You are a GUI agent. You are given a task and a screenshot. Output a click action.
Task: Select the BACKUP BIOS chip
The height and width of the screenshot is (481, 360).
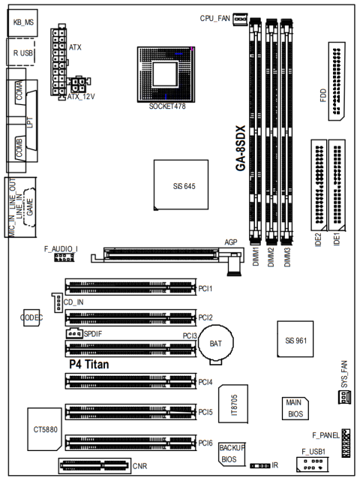(232, 452)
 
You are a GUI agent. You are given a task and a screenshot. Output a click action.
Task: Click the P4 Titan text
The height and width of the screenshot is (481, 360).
(91, 363)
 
